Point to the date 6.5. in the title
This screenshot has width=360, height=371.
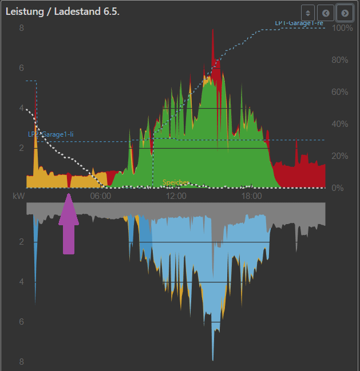tap(109, 11)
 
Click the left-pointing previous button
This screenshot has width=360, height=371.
tap(326, 13)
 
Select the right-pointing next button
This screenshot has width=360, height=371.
tap(345, 13)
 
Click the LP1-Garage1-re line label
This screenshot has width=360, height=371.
tap(299, 23)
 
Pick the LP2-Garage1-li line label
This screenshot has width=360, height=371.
tap(51, 134)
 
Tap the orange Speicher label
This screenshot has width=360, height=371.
tap(176, 183)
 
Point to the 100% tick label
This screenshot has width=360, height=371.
tap(342, 28)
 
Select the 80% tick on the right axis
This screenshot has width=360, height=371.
tap(340, 60)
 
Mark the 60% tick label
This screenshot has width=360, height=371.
tap(340, 92)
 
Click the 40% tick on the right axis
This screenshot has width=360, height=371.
tap(340, 124)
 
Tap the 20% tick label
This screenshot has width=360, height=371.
tap(340, 156)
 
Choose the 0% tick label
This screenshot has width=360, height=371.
tap(338, 188)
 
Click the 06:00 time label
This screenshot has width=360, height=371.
tap(101, 196)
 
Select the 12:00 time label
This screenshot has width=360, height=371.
tap(176, 196)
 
